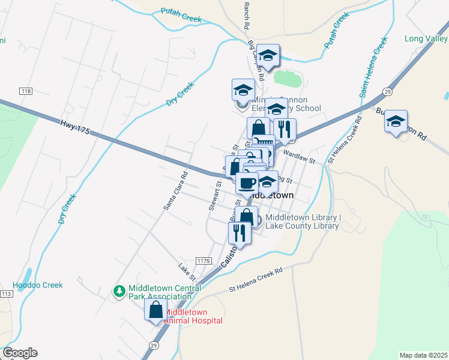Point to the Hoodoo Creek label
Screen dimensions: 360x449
point(37,286)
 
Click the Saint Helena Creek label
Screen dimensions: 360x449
point(373,67)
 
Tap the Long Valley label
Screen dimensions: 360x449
point(426,39)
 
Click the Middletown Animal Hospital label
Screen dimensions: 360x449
point(193,316)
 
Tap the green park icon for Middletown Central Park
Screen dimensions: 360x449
point(119,291)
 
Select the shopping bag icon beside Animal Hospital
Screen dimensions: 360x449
point(156,310)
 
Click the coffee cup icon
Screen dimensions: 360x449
point(247,182)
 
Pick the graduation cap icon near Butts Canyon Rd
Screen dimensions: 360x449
point(396,122)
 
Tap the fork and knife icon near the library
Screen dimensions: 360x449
point(240,233)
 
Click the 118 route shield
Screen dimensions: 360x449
point(25,91)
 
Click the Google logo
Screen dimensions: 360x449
point(20,353)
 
